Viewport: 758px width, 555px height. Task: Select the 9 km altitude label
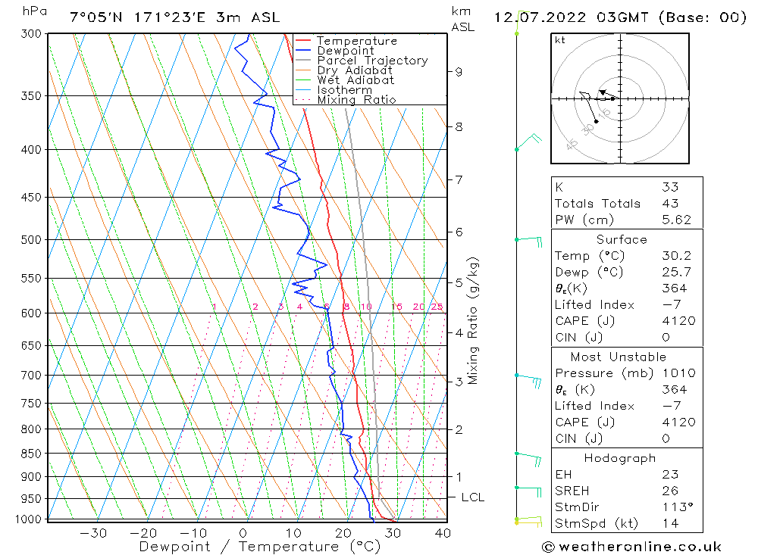[x=459, y=72]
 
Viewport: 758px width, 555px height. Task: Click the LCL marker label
[x=472, y=497]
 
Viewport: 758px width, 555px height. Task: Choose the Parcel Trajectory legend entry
[x=372, y=61]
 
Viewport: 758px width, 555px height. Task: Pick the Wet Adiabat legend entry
[x=356, y=80]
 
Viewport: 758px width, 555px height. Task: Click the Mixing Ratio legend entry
[x=356, y=100]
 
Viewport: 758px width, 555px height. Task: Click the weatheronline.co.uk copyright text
[x=631, y=547]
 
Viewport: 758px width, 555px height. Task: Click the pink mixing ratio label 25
[x=437, y=307]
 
